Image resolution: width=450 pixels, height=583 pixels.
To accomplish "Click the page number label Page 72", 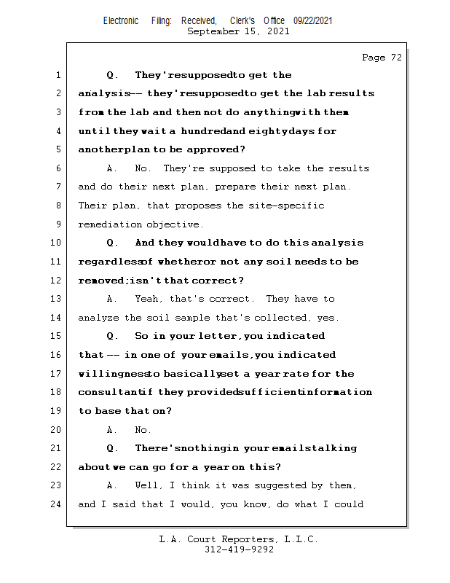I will point(382,58).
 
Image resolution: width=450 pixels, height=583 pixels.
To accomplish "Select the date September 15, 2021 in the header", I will point(238,31).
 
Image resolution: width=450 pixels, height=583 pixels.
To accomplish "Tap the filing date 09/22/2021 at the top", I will point(313,21).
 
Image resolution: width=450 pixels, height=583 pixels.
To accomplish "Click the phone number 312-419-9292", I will point(238,549).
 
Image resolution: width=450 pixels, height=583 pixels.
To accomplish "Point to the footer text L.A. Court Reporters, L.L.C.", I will point(238,539).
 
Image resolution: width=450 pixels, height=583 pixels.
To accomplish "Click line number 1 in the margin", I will point(58,75).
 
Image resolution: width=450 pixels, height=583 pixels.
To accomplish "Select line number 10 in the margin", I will point(57,243).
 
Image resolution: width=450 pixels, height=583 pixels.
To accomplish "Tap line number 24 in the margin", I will point(57,504).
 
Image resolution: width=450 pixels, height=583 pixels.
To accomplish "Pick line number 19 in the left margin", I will point(57,410).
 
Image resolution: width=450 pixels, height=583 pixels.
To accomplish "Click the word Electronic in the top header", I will point(121,21).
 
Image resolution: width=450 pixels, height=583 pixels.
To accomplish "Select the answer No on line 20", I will point(143,430).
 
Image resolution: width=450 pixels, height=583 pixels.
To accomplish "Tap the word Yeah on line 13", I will point(148,299).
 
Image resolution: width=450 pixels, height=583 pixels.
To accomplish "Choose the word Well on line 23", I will point(148,485).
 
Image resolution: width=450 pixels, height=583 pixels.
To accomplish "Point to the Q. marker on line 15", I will point(112,336).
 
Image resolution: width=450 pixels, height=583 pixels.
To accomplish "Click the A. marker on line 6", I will point(112,168).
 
